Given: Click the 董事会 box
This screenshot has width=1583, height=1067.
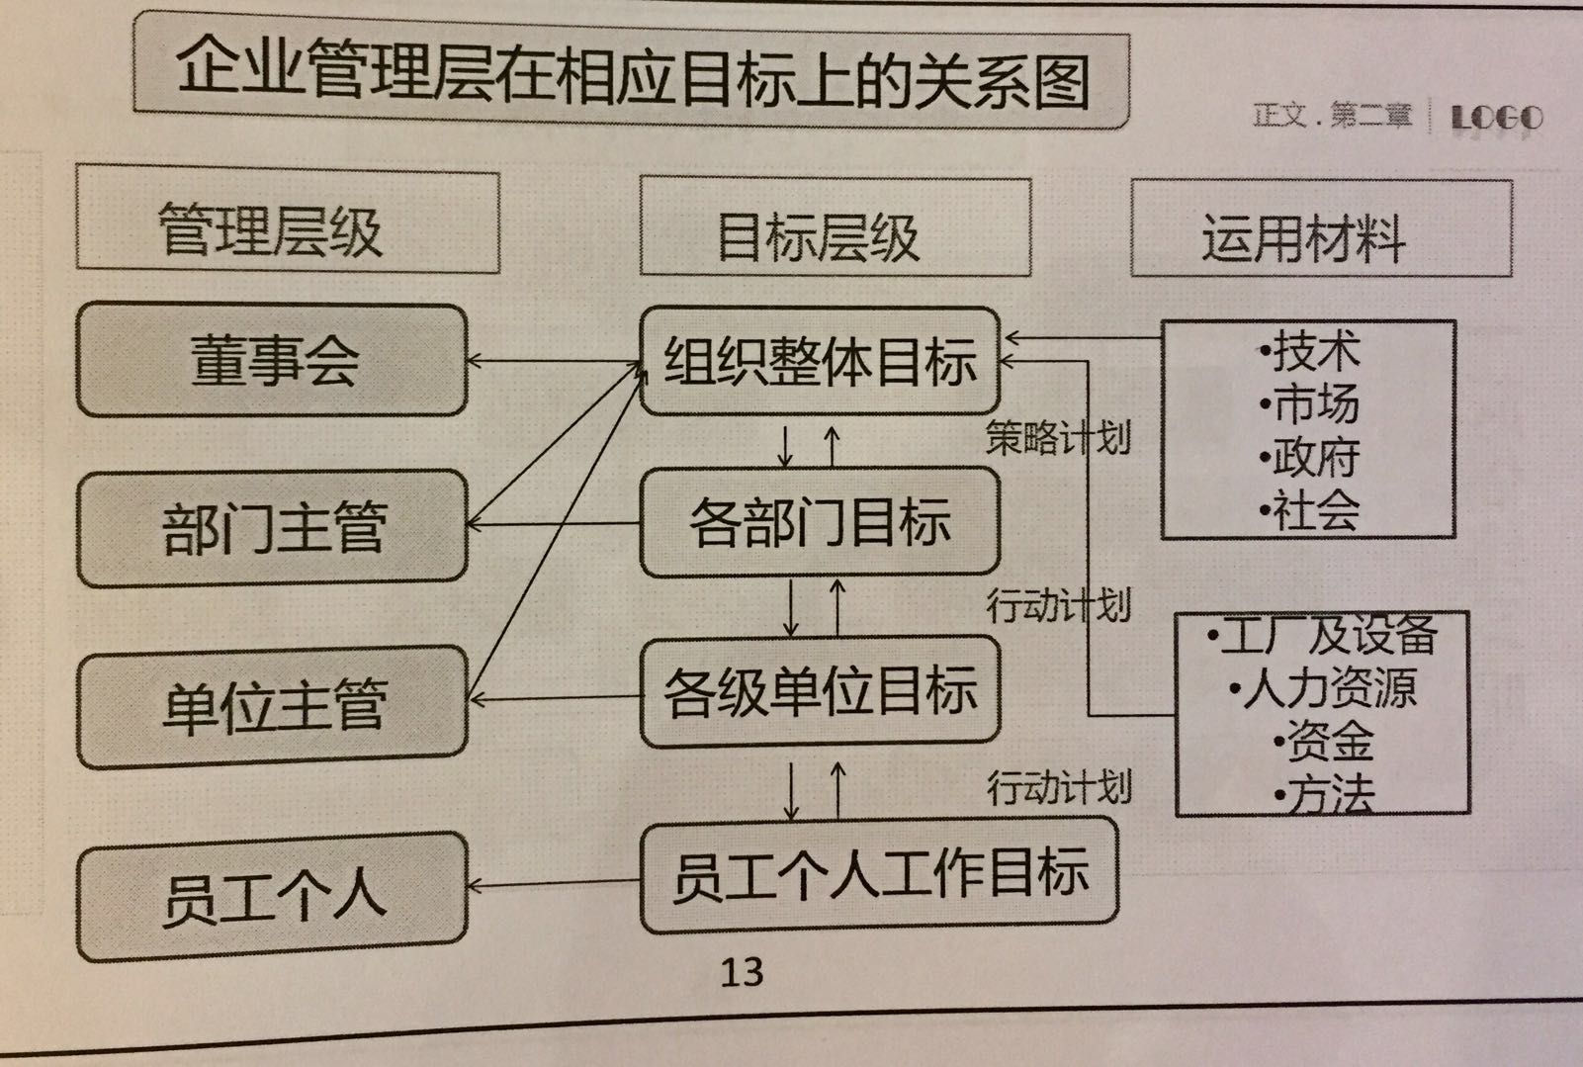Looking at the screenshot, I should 271,360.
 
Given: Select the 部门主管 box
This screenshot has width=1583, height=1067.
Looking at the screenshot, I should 271,527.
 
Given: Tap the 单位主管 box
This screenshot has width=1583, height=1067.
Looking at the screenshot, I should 271,705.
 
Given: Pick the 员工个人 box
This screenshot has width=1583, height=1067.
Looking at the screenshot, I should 271,896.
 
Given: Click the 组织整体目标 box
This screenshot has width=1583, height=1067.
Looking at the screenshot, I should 820,360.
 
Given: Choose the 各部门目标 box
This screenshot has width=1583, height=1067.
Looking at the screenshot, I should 820,523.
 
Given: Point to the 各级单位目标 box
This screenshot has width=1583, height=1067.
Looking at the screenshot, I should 820,692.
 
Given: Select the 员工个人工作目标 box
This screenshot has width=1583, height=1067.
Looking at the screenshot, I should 879,877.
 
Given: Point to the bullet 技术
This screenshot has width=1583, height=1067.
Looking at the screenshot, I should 1311,351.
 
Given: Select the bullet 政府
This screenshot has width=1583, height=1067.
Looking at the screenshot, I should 1311,457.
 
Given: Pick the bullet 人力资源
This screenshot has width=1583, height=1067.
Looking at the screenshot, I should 1325,688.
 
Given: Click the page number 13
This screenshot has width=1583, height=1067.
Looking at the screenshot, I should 742,973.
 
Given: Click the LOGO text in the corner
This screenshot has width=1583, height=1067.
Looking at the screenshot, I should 1496,119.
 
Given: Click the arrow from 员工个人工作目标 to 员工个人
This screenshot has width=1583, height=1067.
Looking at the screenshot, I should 554,882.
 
